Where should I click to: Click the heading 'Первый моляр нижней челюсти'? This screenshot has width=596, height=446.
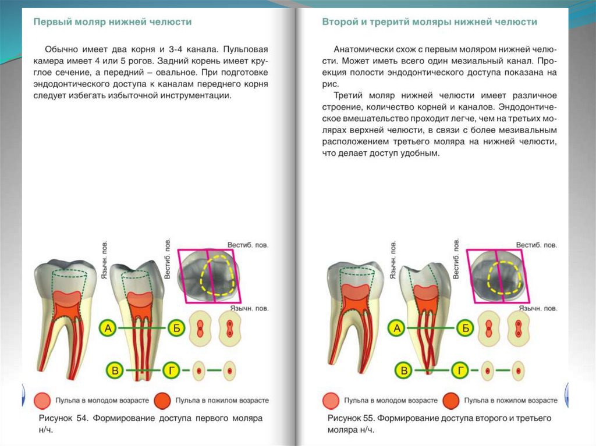pos(112,22)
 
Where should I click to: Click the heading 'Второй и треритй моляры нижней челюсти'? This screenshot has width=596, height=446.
pos(430,22)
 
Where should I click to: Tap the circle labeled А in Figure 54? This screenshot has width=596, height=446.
pos(108,329)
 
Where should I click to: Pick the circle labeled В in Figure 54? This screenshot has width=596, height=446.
pos(116,370)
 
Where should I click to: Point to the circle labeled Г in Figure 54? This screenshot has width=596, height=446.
pos(171,370)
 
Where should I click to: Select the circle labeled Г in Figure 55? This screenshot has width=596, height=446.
pos(460,370)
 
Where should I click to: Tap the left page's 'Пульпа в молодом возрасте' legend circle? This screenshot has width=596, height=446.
pos(43,401)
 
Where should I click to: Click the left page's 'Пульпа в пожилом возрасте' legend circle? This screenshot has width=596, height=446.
pos(162,401)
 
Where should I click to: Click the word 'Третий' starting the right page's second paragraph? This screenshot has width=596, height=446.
pos(350,95)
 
